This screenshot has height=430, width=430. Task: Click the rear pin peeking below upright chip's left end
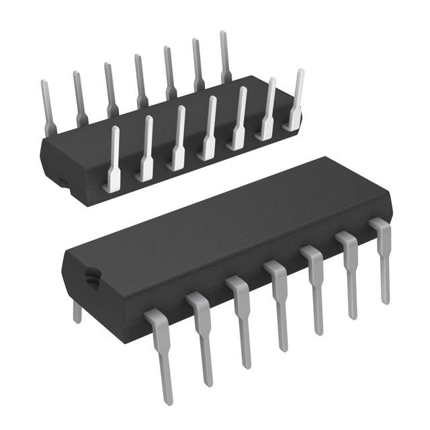click(77, 310)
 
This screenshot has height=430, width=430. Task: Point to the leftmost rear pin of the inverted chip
click(47, 107)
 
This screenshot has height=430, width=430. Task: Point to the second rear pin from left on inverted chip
click(79, 97)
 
